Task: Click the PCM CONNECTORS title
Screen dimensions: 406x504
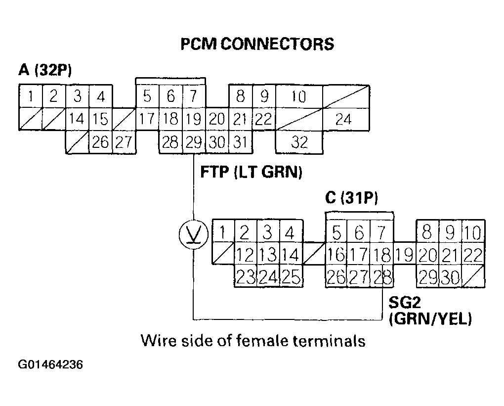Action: pyautogui.click(x=257, y=44)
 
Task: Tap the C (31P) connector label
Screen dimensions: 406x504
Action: pyautogui.click(x=351, y=198)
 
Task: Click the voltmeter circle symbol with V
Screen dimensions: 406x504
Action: pyautogui.click(x=193, y=233)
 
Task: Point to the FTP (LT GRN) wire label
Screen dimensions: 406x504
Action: pyautogui.click(x=251, y=173)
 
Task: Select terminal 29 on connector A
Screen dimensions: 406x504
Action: pyautogui.click(x=193, y=142)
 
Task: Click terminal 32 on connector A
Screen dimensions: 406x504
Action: pyautogui.click(x=299, y=142)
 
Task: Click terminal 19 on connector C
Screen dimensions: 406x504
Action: pyautogui.click(x=404, y=256)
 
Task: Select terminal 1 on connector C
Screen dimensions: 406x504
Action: pyautogui.click(x=223, y=231)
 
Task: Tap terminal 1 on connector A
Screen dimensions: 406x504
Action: pyautogui.click(x=30, y=96)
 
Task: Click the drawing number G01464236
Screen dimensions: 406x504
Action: pyautogui.click(x=51, y=365)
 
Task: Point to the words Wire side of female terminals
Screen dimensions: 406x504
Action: pyautogui.click(x=253, y=341)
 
